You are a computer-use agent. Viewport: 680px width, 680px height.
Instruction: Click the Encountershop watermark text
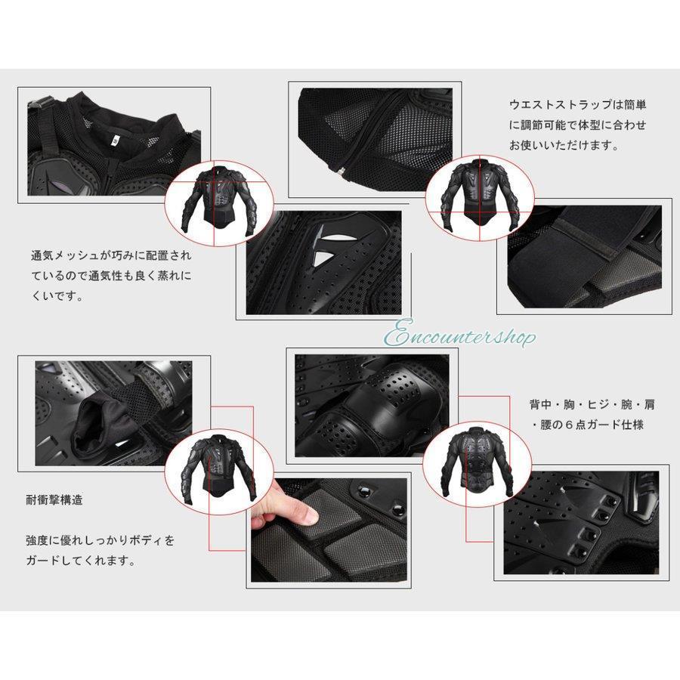click(462, 335)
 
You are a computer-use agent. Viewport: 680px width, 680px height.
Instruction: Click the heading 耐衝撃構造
click(54, 500)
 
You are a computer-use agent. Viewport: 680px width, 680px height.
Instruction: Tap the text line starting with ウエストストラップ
click(577, 105)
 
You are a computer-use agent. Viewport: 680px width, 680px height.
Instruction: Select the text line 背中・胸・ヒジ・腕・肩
click(586, 404)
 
